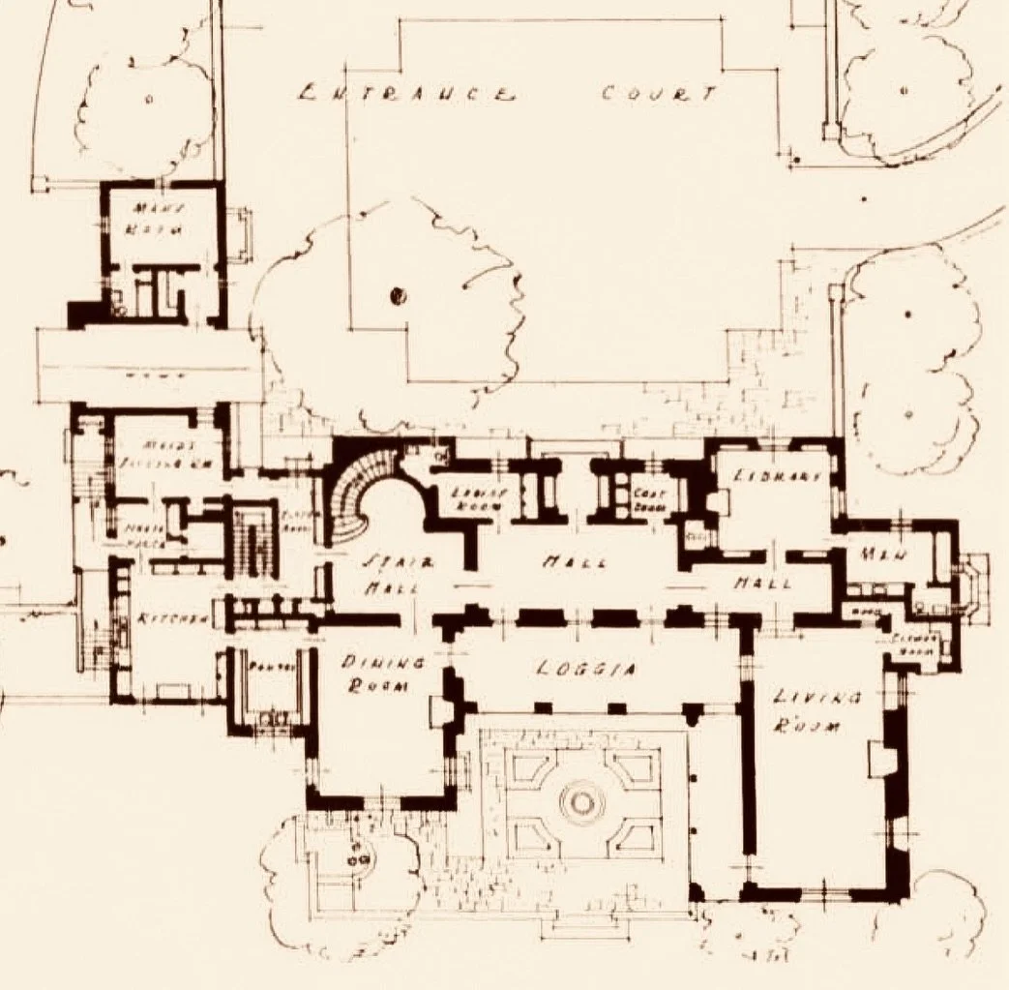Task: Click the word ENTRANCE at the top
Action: point(405,95)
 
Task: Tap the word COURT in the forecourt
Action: point(659,94)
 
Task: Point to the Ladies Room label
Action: point(474,497)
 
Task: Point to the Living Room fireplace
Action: point(879,759)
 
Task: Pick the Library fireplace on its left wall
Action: point(720,502)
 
